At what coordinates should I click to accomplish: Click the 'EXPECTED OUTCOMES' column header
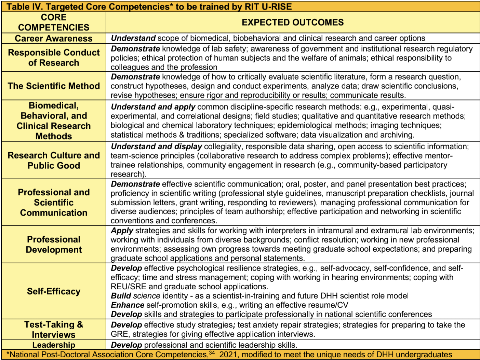[293, 23]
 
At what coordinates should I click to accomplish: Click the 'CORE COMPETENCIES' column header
[54, 23]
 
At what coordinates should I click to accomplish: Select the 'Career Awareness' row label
[54, 38]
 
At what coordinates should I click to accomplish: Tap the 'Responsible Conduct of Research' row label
[54, 57]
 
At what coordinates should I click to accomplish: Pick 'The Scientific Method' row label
[54, 86]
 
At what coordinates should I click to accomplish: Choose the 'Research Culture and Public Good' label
[54, 160]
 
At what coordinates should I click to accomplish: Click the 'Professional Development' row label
[54, 244]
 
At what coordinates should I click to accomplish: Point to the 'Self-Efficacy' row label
[54, 291]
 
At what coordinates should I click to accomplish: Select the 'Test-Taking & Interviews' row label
[54, 329]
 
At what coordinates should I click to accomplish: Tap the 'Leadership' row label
[54, 345]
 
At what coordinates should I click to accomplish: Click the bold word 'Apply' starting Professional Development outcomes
[122, 231]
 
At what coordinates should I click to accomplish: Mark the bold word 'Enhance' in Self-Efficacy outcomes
[128, 305]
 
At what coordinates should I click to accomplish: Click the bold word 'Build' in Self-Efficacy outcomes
[121, 296]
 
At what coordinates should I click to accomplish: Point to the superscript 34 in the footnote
[212, 352]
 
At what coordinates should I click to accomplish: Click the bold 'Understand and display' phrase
[157, 147]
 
